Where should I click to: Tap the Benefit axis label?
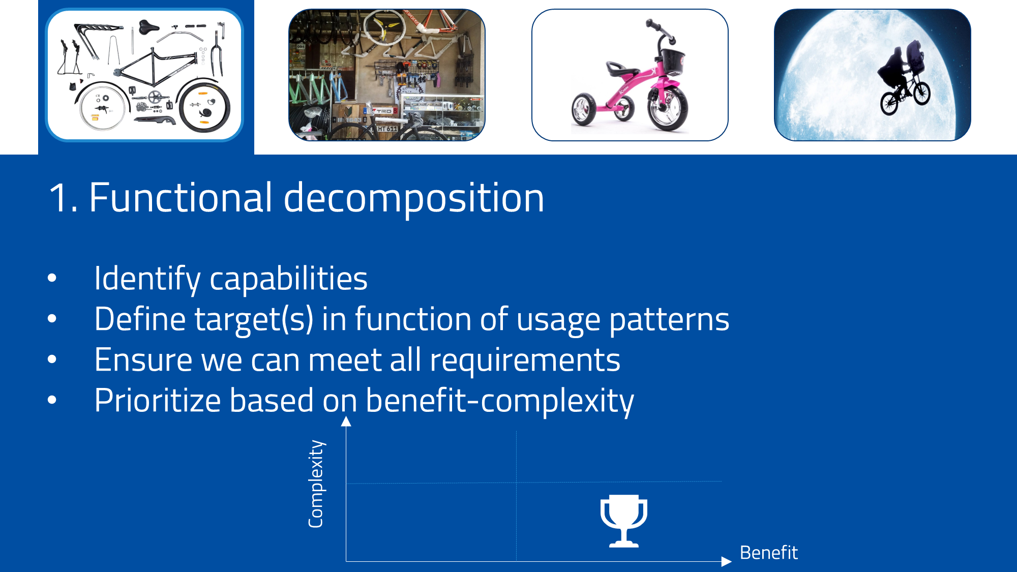click(768, 553)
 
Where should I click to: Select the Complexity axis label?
click(316, 484)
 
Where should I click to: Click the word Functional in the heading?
click(181, 198)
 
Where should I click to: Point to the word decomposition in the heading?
click(413, 199)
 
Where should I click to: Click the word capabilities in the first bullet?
click(288, 279)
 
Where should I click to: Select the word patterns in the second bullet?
click(669, 320)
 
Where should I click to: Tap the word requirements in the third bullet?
click(525, 360)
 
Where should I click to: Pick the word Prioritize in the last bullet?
click(158, 401)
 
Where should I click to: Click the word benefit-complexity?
click(499, 401)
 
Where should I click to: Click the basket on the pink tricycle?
click(671, 61)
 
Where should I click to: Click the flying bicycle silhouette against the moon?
click(905, 86)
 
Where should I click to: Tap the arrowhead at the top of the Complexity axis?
click(346, 421)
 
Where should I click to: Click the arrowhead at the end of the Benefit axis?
click(726, 561)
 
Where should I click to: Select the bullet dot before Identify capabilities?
click(52, 278)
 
